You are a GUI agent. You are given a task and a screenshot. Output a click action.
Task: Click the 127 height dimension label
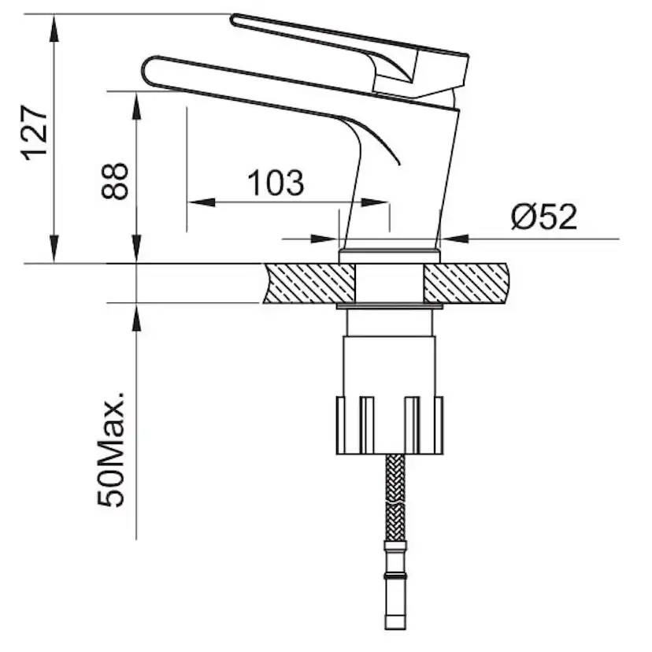[x=34, y=132]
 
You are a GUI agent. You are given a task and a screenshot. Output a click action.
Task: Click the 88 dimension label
[x=115, y=181]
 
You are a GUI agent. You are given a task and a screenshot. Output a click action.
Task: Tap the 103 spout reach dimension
[x=276, y=183]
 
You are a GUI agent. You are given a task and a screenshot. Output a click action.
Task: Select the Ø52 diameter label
[x=544, y=217]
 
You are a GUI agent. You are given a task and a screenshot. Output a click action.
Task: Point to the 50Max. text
[x=111, y=449]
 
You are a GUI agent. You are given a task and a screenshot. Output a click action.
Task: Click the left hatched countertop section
[x=309, y=283]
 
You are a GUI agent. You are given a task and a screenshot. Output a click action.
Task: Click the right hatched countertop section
[x=466, y=283]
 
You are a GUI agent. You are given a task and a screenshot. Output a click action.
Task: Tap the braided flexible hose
[x=395, y=498]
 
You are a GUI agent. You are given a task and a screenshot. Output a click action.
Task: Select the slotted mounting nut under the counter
[x=390, y=425]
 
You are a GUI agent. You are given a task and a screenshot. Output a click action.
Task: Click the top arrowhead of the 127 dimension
[x=54, y=28]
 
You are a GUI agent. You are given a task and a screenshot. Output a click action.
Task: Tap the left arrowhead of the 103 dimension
[x=202, y=202]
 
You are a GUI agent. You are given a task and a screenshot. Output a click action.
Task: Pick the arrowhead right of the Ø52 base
[x=454, y=239]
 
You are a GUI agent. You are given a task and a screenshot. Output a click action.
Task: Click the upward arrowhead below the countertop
[x=136, y=317]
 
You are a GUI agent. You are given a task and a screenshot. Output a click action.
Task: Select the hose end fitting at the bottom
[x=395, y=586]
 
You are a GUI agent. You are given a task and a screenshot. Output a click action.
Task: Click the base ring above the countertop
[x=389, y=256]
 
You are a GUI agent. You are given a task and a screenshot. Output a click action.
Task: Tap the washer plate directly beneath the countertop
[x=390, y=306]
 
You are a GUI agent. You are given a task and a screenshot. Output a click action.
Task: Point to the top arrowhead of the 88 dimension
[x=136, y=106]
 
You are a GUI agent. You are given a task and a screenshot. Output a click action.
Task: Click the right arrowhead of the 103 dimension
[x=375, y=202]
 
